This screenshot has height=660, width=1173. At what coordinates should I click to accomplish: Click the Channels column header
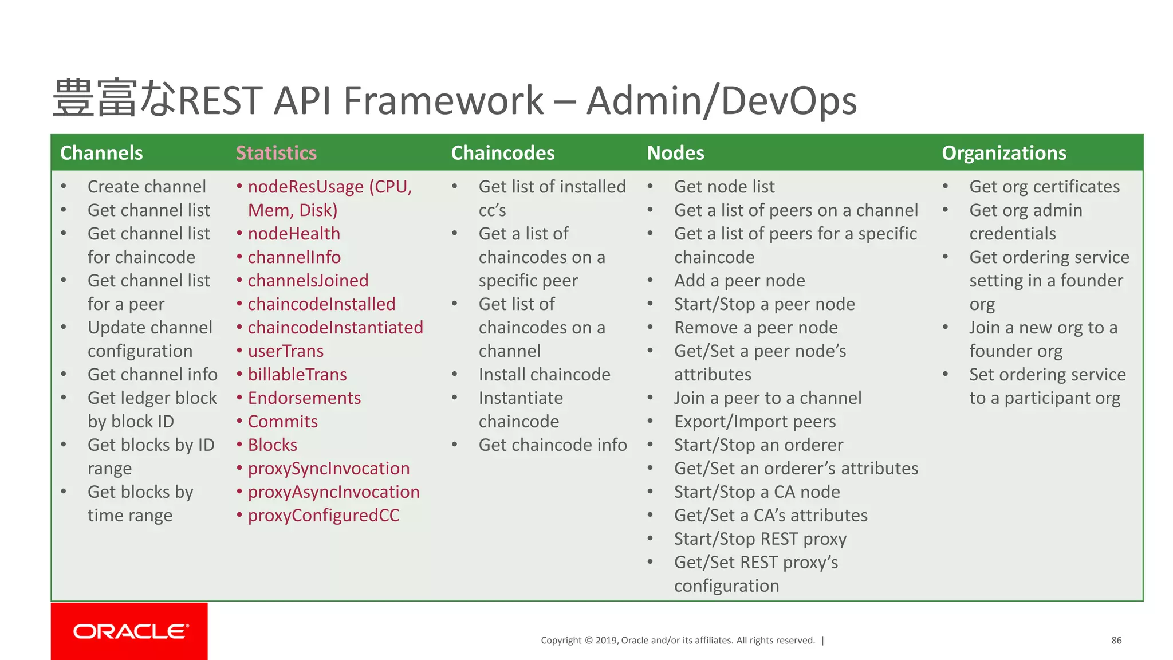[x=101, y=153]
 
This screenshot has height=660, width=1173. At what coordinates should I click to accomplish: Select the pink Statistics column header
[x=276, y=153]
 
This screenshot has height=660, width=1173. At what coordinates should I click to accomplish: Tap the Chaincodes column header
[x=502, y=153]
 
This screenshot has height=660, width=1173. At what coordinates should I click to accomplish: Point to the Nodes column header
[x=675, y=153]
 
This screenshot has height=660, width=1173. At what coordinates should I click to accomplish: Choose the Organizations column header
[x=1003, y=153]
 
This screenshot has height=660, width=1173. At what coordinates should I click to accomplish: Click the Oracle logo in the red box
[x=131, y=631]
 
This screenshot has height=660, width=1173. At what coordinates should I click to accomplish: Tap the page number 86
[x=1116, y=641]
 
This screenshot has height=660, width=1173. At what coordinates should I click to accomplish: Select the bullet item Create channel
[x=147, y=187]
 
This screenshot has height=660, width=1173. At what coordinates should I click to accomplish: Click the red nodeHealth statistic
[x=294, y=234]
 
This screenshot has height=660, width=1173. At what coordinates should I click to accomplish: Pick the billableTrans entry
[x=297, y=375]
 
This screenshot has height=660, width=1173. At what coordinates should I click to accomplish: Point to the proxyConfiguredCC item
[x=324, y=516]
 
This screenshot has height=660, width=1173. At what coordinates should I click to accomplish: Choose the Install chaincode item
[x=544, y=375]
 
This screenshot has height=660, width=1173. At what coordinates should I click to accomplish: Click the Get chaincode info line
[x=553, y=445]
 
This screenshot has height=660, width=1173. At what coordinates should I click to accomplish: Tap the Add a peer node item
[x=739, y=281]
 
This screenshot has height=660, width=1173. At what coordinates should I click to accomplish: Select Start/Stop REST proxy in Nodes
[x=760, y=539]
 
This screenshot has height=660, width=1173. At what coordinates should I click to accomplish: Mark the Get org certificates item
[x=1044, y=187]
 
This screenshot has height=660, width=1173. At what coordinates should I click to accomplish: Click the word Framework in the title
[x=443, y=100]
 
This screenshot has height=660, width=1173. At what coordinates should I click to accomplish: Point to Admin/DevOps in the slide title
[x=722, y=100]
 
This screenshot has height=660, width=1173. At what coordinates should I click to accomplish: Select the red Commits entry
[x=282, y=422]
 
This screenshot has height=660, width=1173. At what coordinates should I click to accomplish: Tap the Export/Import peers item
[x=755, y=422]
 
